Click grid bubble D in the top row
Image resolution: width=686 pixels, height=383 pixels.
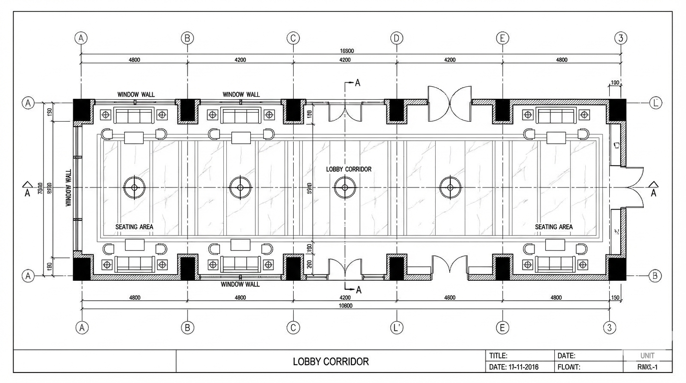pyautogui.click(x=396, y=38)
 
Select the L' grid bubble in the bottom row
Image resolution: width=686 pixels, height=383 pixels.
pyautogui.click(x=396, y=327)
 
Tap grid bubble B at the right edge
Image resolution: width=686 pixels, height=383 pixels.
pyautogui.click(x=656, y=275)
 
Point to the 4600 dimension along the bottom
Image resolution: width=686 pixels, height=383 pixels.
pyautogui.click(x=449, y=298)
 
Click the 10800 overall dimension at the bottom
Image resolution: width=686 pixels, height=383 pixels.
pyautogui.click(x=344, y=306)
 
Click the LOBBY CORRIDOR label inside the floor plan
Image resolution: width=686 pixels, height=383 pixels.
pyautogui.click(x=348, y=169)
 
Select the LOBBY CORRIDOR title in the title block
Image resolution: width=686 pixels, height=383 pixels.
pyautogui.click(x=331, y=362)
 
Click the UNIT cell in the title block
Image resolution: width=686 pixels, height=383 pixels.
pyautogui.click(x=647, y=356)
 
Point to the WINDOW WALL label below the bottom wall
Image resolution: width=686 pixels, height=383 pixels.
pyautogui.click(x=240, y=284)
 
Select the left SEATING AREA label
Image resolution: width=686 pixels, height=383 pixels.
pyautogui.click(x=134, y=227)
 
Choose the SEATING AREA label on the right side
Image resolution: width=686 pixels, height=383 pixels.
pyautogui.click(x=553, y=227)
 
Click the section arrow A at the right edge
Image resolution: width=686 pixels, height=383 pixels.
pyautogui.click(x=653, y=189)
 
